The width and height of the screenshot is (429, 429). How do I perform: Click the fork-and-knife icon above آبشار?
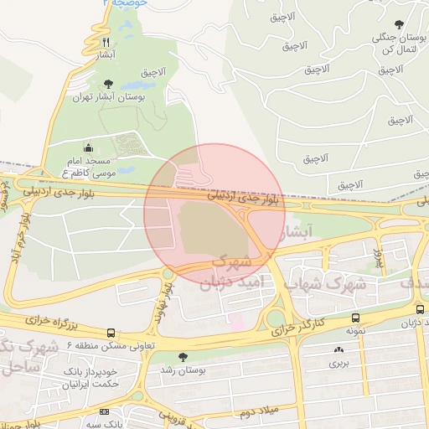(105, 41)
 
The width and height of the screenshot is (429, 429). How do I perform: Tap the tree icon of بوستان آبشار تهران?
(107, 83)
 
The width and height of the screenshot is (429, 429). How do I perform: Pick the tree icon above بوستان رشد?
(183, 357)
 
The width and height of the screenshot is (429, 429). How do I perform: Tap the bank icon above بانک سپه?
(104, 411)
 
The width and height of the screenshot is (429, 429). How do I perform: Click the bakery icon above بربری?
(339, 349)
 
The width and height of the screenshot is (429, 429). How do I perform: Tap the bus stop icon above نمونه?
(357, 318)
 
